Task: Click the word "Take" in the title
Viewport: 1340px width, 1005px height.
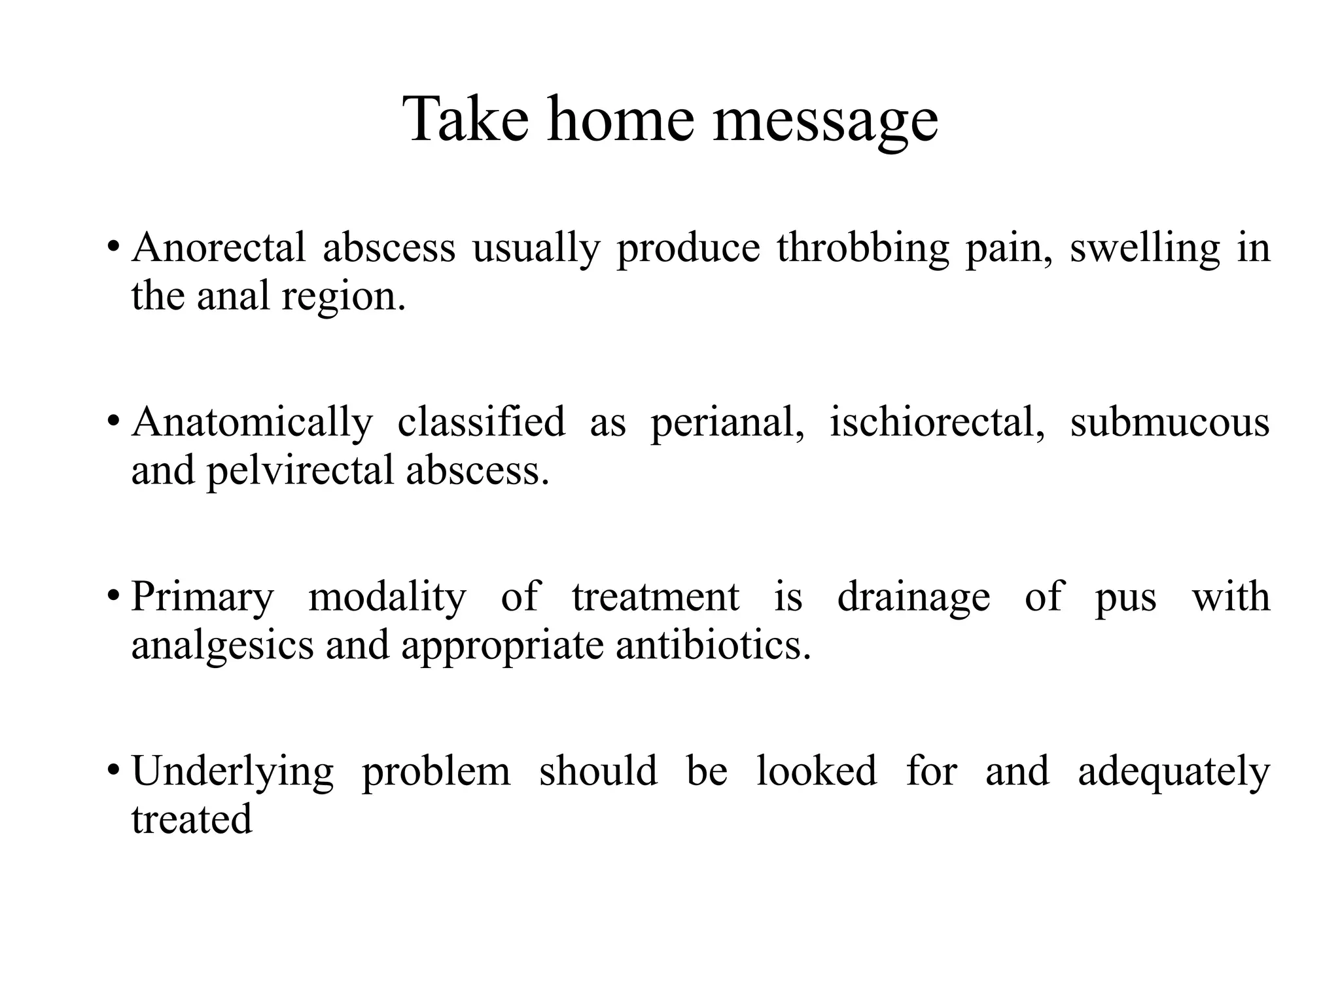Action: pyautogui.click(x=465, y=119)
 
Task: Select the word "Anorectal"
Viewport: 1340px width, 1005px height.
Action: pyautogui.click(x=219, y=248)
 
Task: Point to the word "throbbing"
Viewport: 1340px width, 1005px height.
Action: pyautogui.click(x=862, y=249)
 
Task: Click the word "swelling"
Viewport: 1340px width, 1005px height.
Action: pyautogui.click(x=1144, y=249)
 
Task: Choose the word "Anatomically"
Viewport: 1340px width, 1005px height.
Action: pyautogui.click(x=252, y=423)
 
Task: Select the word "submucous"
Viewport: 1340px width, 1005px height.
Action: pyautogui.click(x=1170, y=423)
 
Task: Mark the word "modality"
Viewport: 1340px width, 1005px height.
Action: pyautogui.click(x=387, y=597)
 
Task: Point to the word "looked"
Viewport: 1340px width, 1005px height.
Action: pyautogui.click(x=816, y=771)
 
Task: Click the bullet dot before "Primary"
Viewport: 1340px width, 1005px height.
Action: pyautogui.click(x=114, y=596)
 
